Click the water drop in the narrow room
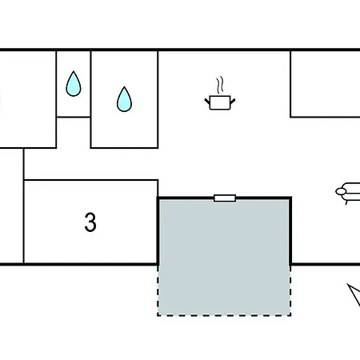[x=74, y=84]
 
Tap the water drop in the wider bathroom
[x=124, y=99]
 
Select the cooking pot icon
[x=220, y=94]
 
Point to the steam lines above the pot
[x=220, y=85]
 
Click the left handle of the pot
[x=207, y=102]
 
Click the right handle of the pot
[x=233, y=102]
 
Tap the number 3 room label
[x=90, y=222]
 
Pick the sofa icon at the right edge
[x=348, y=194]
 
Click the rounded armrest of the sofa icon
[x=341, y=191]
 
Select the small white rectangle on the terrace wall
[x=225, y=198]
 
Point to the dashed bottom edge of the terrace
[x=224, y=315]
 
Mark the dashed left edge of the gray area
[x=158, y=290]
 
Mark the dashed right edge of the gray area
[x=290, y=290]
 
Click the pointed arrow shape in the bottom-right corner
[x=354, y=294]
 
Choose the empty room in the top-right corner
[x=326, y=84]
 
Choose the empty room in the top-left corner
[x=28, y=99]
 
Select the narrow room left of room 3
[x=11, y=206]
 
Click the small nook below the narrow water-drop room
[x=74, y=133]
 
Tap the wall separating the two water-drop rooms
[x=90, y=99]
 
